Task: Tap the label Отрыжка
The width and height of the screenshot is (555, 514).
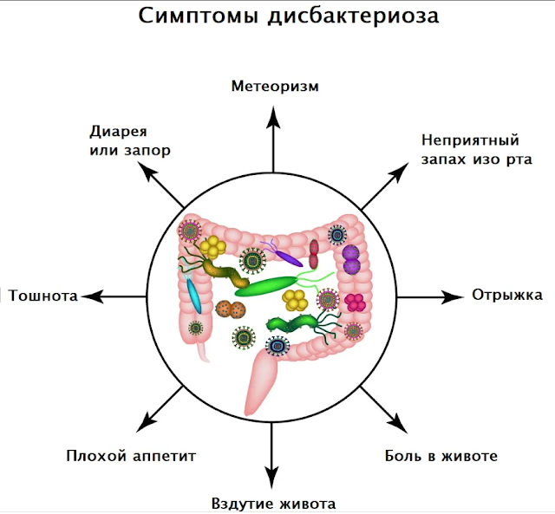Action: [506, 295]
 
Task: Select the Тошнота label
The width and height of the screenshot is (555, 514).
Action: [43, 296]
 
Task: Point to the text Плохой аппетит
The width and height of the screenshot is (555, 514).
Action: [131, 455]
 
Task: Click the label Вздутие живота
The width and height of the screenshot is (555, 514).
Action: [273, 504]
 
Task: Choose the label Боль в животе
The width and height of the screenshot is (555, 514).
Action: [441, 455]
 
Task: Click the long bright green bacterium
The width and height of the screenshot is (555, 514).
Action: [271, 285]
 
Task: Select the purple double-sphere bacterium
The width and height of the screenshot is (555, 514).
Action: [350, 258]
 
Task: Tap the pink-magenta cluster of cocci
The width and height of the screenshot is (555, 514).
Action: [355, 302]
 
